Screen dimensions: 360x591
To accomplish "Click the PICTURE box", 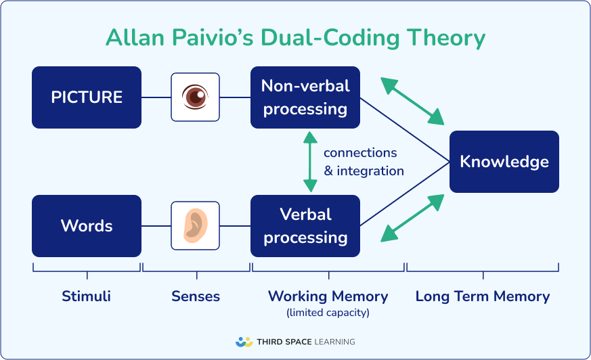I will [x=87, y=97].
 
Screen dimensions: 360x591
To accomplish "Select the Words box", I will [x=87, y=225].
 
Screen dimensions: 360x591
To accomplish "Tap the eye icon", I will [x=195, y=97].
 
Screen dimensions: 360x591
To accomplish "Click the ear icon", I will [x=195, y=225].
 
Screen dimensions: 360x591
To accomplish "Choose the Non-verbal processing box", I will [x=305, y=97].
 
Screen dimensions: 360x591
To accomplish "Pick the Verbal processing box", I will [x=305, y=225].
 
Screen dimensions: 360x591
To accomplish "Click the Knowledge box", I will [x=504, y=162].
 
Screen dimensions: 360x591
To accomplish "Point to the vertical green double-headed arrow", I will [x=310, y=162].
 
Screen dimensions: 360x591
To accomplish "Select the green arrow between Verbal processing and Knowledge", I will [x=412, y=218].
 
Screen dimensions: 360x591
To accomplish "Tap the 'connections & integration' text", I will [x=364, y=162].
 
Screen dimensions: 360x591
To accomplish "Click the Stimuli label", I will [x=86, y=296].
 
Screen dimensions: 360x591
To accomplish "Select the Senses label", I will [x=196, y=296].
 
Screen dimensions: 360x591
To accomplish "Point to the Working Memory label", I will [x=328, y=296].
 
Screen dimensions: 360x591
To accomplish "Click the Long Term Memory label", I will [x=483, y=296].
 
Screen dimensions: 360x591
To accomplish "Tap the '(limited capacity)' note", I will [x=328, y=313].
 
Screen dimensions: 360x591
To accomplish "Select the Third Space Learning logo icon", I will [x=244, y=342].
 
